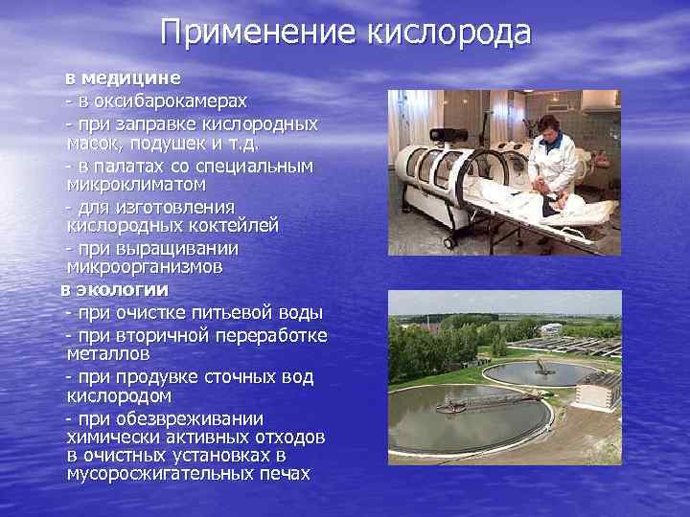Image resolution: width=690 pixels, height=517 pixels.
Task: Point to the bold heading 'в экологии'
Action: [115, 289]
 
